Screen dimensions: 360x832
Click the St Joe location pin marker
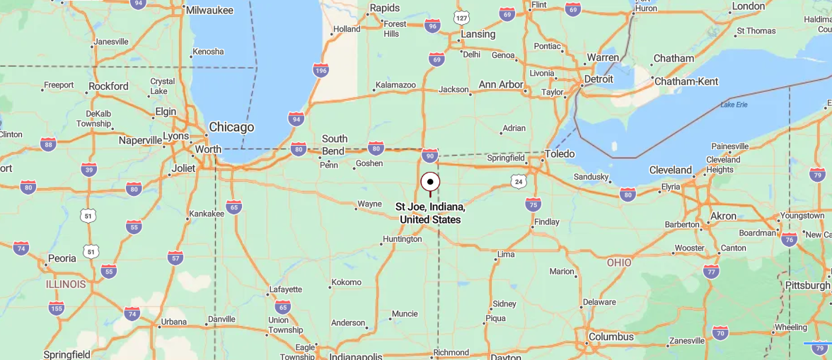(430, 182)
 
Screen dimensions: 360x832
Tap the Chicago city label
(231, 127)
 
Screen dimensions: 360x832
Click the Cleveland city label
(670, 170)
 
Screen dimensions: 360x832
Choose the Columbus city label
(611, 337)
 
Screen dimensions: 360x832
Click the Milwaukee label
(210, 10)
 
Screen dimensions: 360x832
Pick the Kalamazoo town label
(395, 85)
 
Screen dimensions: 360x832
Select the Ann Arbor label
(501, 85)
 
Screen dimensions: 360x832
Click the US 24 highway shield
(519, 182)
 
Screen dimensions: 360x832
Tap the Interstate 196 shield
(320, 69)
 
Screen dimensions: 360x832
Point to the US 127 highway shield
(462, 18)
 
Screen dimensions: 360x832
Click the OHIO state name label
(619, 262)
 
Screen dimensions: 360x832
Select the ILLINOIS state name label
(66, 284)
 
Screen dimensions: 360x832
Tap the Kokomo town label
(347, 282)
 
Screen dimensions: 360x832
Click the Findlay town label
(547, 221)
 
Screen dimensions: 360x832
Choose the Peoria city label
(62, 258)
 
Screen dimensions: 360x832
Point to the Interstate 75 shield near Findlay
(533, 204)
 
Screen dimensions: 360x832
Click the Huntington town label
(402, 239)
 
